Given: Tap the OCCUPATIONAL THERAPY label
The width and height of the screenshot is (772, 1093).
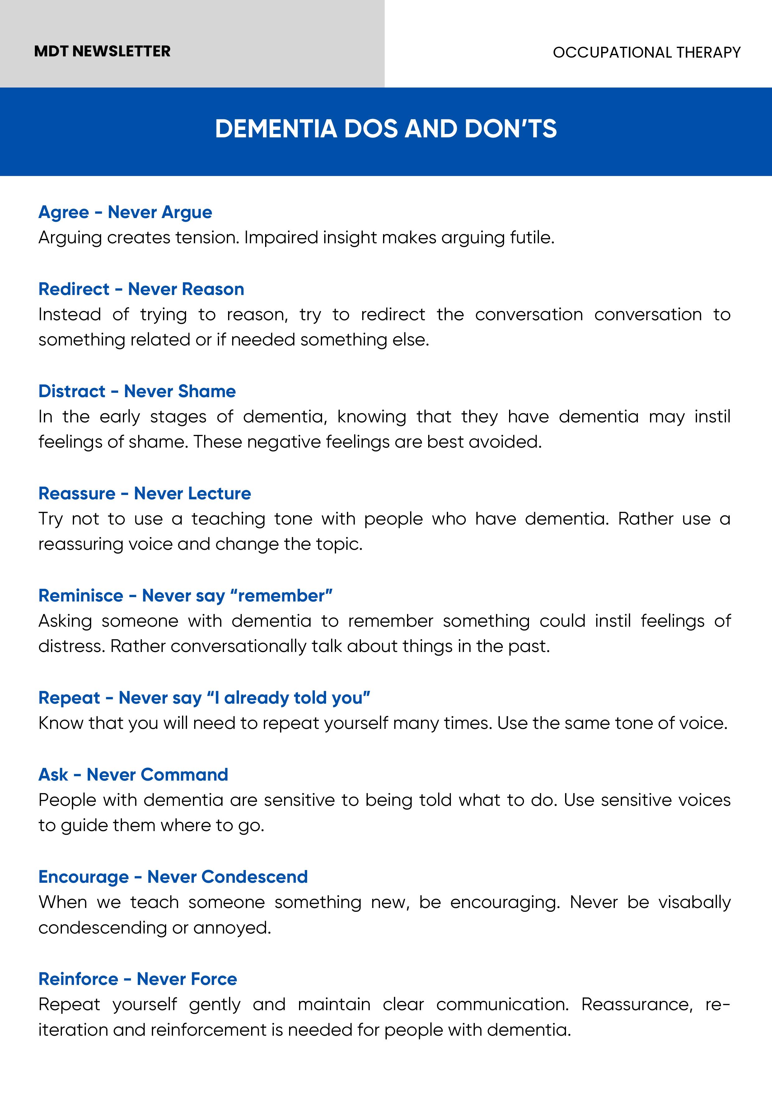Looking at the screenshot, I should pos(646,52).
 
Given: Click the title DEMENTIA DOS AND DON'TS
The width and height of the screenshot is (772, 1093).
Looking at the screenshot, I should pos(386,129).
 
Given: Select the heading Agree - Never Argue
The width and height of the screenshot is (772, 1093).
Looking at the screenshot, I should pos(125,212).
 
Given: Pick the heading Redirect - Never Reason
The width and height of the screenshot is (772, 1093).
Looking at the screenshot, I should pos(141,289).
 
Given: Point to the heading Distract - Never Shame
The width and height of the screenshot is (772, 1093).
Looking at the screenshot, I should pos(137,391).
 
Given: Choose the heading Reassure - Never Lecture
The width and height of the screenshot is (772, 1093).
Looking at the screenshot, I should pos(145,494).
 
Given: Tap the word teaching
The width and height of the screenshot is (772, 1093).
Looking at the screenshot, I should pos(228,519).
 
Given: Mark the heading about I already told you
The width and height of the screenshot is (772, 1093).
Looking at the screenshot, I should pos(204,698).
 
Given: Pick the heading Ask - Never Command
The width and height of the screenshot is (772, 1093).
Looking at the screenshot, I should pos(133,775).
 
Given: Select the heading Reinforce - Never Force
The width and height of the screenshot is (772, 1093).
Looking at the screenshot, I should pos(138,979).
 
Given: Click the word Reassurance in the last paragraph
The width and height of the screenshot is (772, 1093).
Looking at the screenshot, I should pos(636,1005).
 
